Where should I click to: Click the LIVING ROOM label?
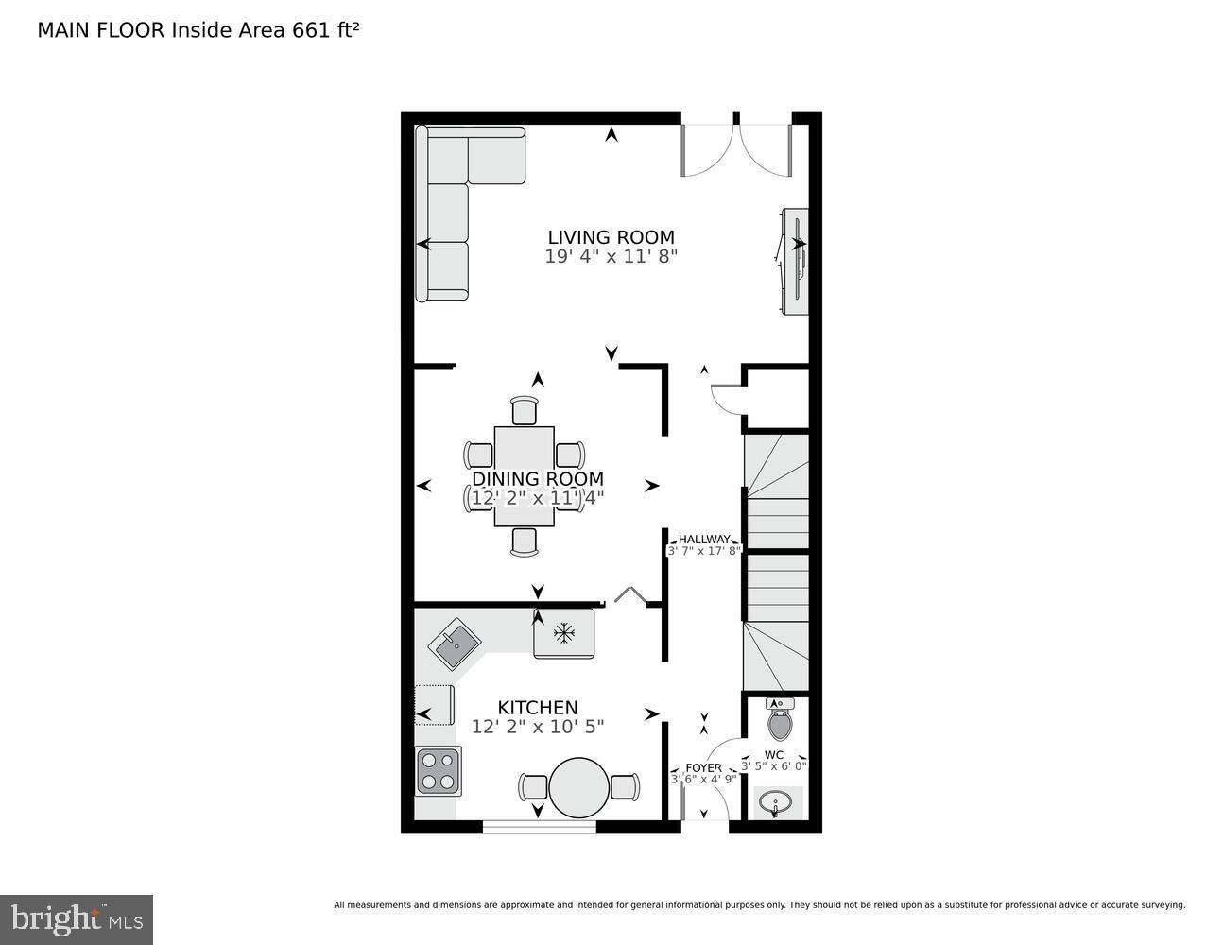click(x=611, y=237)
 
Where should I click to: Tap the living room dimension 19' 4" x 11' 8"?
click(x=611, y=257)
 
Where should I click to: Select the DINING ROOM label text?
click(x=537, y=479)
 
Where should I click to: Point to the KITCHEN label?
click(x=537, y=707)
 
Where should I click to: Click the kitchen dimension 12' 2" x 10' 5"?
click(x=537, y=726)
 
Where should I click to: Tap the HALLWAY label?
click(x=703, y=540)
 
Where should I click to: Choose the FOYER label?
click(x=703, y=767)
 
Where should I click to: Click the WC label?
click(x=773, y=755)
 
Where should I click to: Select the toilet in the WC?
click(x=779, y=722)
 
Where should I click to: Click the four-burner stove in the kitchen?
click(x=438, y=771)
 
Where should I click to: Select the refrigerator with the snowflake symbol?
click(x=563, y=633)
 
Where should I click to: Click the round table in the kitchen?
click(x=578, y=787)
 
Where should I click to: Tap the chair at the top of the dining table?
click(x=524, y=411)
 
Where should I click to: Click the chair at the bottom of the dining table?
click(x=524, y=541)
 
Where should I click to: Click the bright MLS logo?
click(x=77, y=919)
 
